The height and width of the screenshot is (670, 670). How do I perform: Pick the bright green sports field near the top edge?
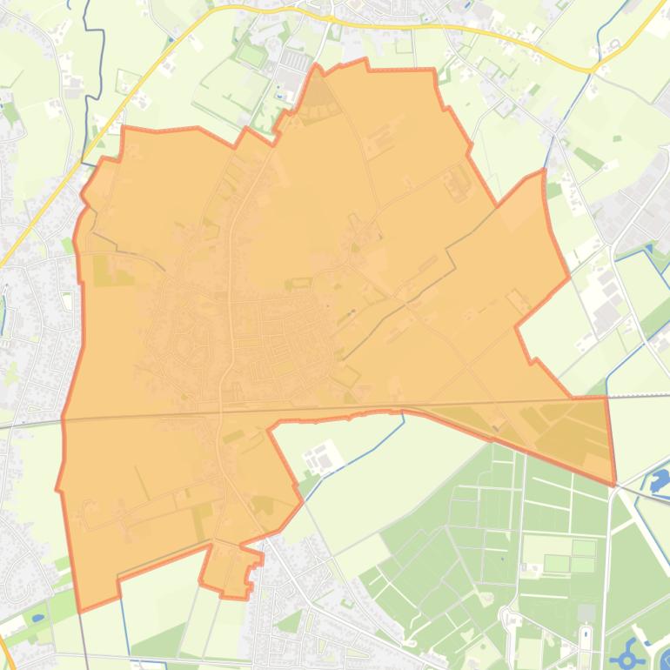[251, 54]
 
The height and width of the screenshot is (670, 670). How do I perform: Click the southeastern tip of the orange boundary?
[614, 482]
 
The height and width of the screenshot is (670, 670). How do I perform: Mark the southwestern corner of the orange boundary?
[79, 610]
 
